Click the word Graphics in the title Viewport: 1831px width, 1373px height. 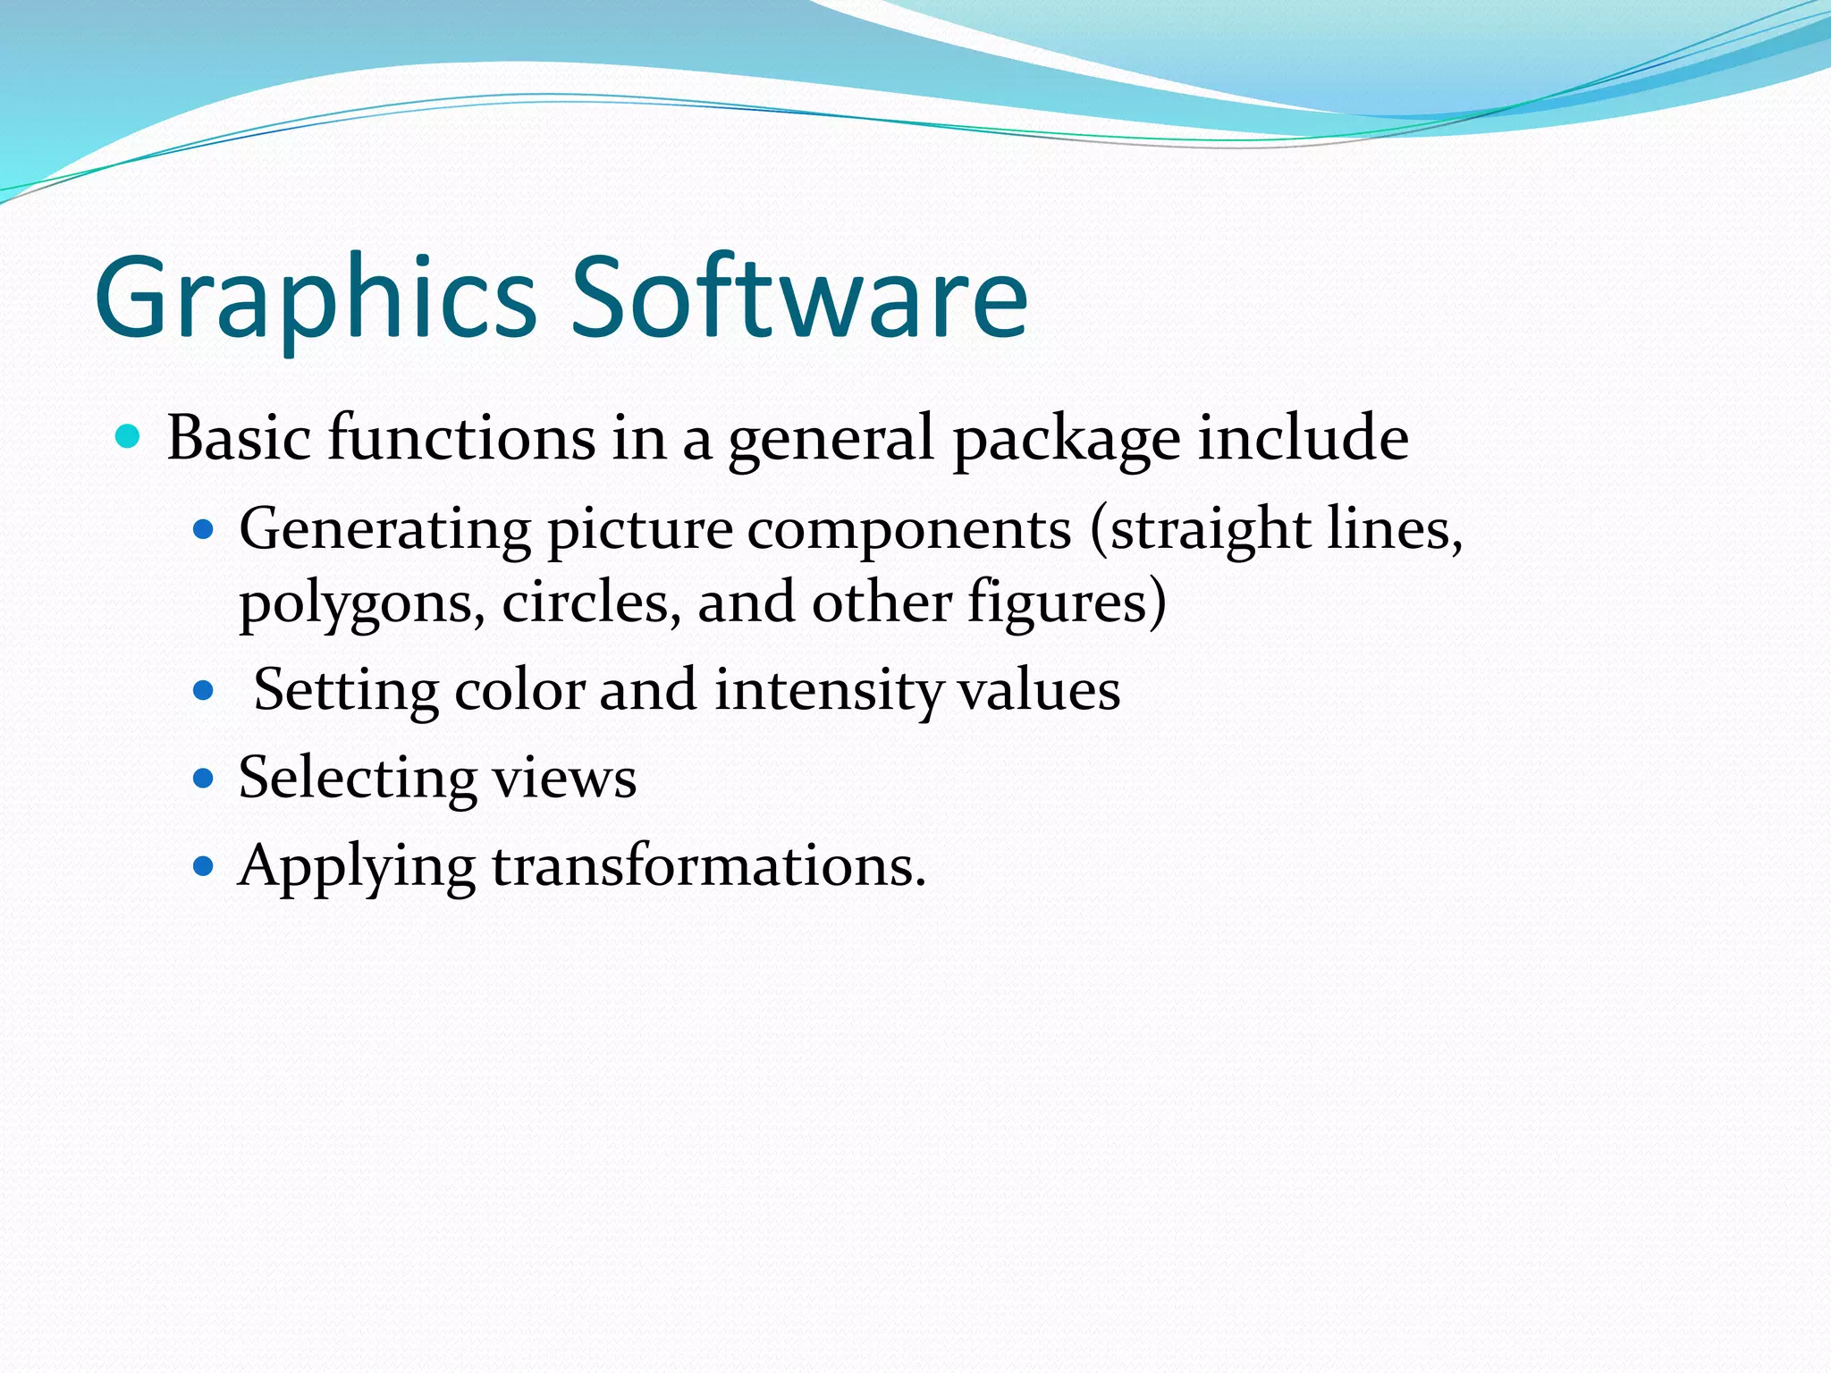(315, 299)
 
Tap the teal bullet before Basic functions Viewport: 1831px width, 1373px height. (129, 437)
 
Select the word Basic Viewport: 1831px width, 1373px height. (239, 438)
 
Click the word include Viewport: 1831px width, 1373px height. (1304, 438)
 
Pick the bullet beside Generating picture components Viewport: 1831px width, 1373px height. (205, 530)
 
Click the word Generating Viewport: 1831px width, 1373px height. (385, 530)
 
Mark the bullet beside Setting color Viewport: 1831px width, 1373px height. (205, 690)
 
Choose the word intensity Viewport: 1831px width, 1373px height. (827, 690)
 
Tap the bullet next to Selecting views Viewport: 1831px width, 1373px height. (205, 778)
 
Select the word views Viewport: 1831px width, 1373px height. (565, 778)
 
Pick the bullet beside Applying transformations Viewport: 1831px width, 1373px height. (205, 865)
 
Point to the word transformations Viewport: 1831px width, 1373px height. (708, 865)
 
